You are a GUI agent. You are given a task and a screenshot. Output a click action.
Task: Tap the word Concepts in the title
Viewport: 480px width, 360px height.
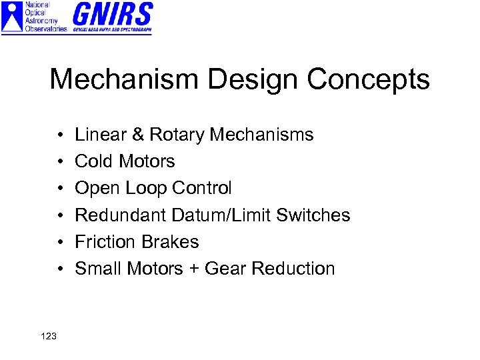point(369,80)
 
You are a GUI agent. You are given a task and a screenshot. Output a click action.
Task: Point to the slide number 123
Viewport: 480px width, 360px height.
point(48,336)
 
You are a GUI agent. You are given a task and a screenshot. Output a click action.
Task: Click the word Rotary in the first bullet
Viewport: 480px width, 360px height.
point(177,135)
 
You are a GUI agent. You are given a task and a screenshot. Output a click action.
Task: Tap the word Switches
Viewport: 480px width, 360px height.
point(313,215)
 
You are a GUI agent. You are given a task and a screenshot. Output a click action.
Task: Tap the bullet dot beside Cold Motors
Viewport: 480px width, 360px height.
point(60,162)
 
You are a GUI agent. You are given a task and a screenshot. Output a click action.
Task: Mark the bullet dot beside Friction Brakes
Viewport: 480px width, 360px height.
point(60,242)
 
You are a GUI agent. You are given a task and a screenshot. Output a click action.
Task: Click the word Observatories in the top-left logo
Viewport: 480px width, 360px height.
point(45,29)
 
